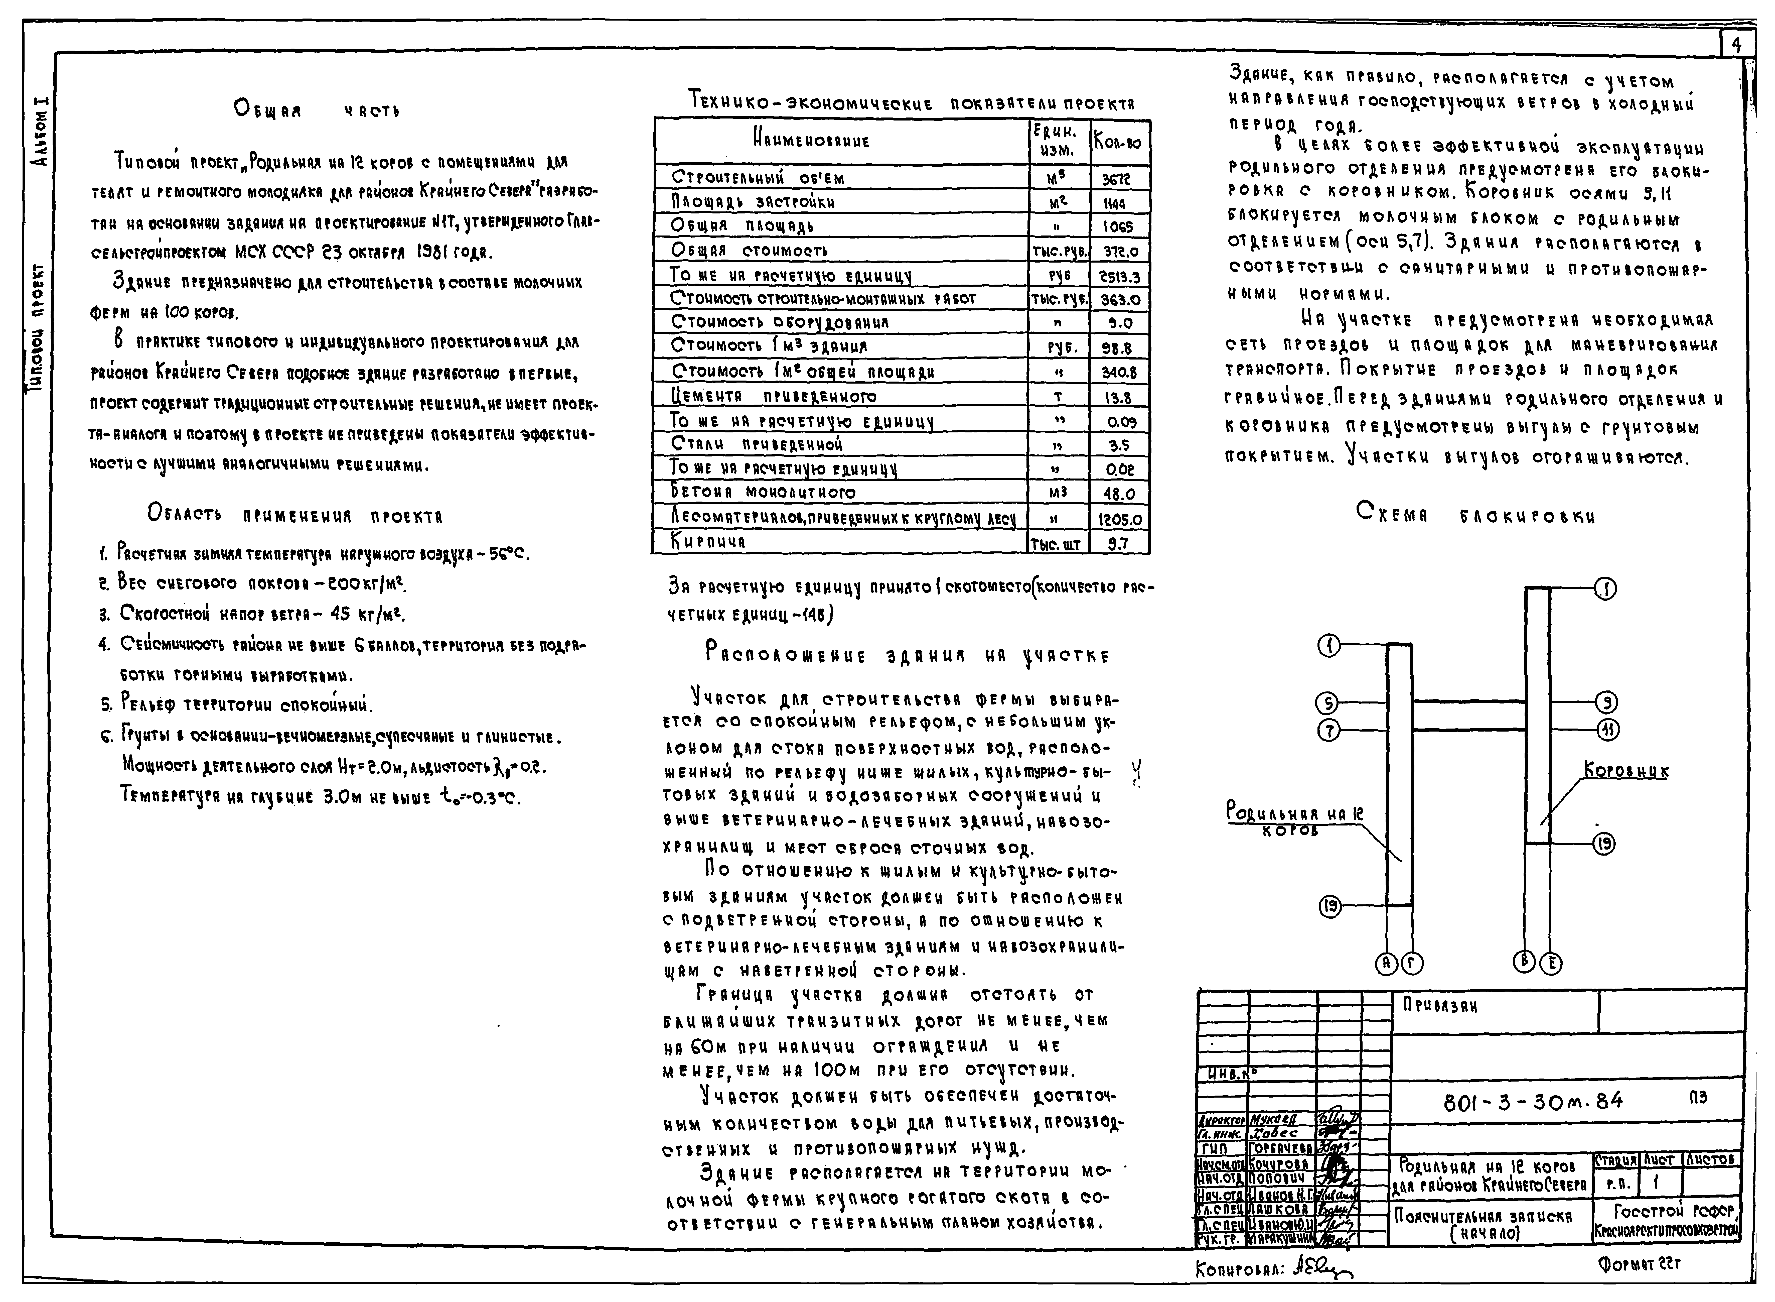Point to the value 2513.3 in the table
(x=1119, y=277)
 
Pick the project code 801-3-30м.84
(x=1532, y=1101)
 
